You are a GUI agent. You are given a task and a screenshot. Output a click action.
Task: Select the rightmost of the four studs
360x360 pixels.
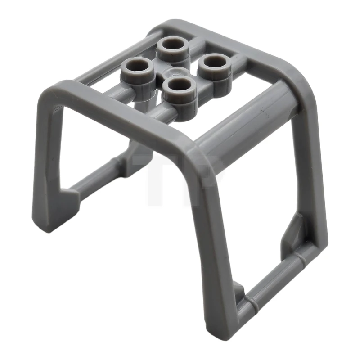click(x=215, y=64)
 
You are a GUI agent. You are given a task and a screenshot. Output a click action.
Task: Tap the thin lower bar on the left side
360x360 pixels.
click(x=97, y=180)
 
